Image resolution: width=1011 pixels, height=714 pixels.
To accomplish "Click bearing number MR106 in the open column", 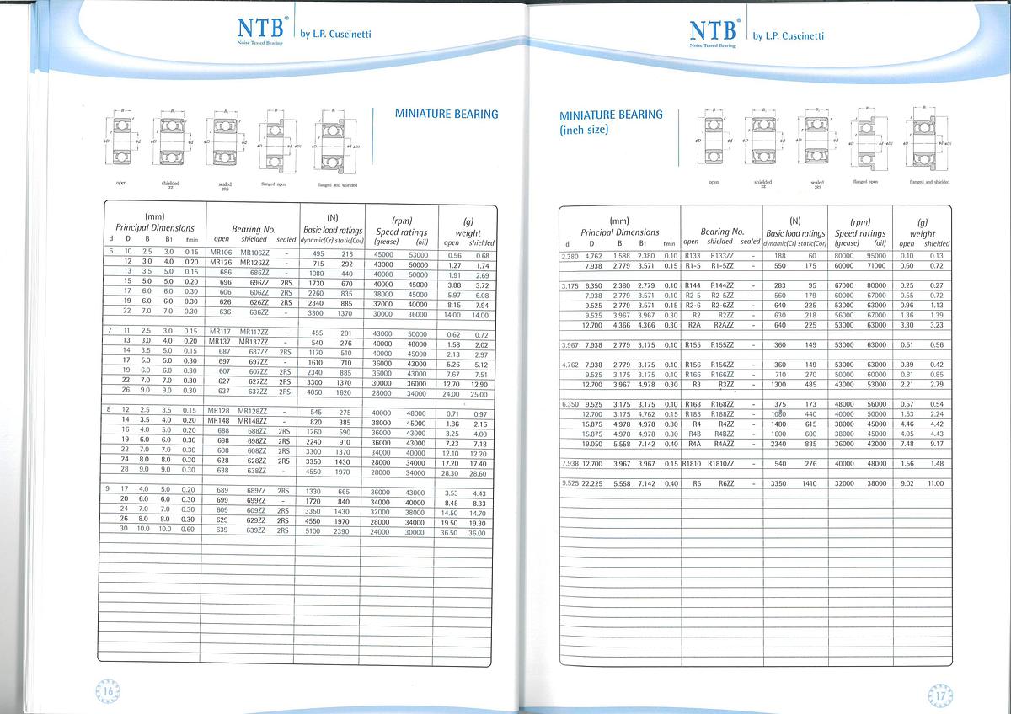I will [220, 253].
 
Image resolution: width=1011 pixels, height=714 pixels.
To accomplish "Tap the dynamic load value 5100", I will [313, 531].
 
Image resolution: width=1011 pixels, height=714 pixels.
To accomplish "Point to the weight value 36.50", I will [451, 533].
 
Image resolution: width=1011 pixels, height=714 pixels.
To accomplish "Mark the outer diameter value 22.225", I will [592, 483].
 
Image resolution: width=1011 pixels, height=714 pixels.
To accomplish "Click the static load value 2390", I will [344, 531].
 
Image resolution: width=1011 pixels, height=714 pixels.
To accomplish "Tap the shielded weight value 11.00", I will [936, 483].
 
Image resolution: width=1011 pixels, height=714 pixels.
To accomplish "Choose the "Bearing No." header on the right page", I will [721, 231].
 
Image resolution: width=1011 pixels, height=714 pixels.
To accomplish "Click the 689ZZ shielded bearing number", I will [255, 491].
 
